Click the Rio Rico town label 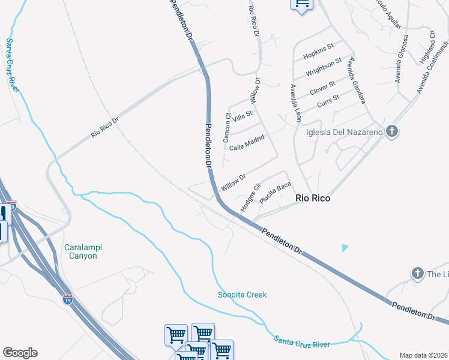tap(313, 197)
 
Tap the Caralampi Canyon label tap(80, 251)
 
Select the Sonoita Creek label tap(242, 295)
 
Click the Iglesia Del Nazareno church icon tap(392, 131)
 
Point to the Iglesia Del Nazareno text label tap(345, 133)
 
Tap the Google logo tap(20, 353)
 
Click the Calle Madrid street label tap(247, 143)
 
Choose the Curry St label tap(328, 100)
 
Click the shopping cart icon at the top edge tap(301, 4)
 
